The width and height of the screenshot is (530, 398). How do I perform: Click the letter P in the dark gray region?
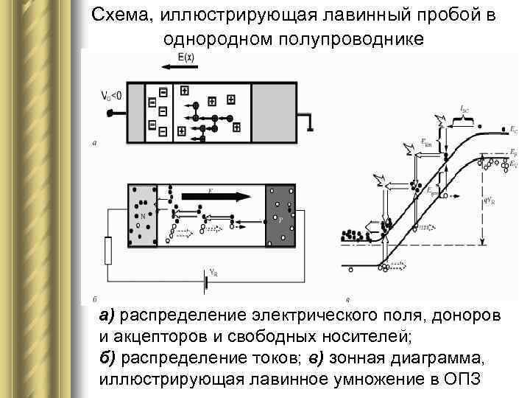coord(280,220)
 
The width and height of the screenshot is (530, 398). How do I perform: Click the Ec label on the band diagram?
coord(512,128)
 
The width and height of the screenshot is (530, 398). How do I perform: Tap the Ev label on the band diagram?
coord(513,163)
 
